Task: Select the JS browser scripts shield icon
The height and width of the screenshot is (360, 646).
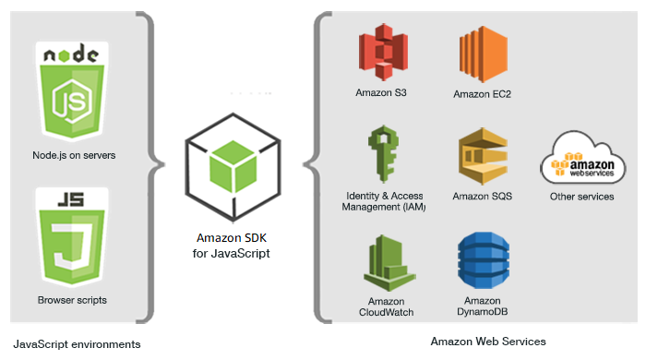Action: [x=71, y=237]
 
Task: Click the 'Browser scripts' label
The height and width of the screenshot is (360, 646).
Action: [x=71, y=300]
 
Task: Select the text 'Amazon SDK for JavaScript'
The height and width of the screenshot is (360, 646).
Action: [x=226, y=245]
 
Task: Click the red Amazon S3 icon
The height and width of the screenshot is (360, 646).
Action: [x=381, y=55]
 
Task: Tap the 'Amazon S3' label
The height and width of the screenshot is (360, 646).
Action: [x=381, y=93]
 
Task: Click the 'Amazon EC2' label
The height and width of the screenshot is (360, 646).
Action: [x=483, y=94]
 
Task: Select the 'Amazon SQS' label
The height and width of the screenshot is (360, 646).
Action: [x=483, y=196]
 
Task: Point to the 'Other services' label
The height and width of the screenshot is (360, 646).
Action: [x=581, y=196]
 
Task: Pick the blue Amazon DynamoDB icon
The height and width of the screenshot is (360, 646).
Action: [x=483, y=263]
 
